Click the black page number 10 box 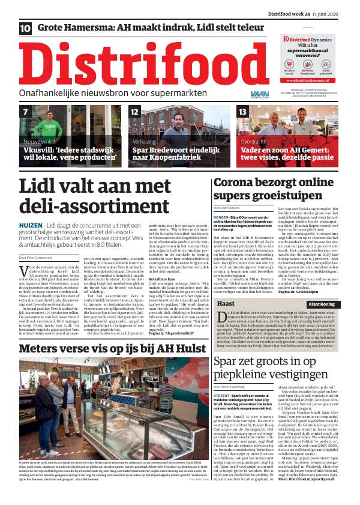(25, 28)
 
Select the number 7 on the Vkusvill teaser (25, 112)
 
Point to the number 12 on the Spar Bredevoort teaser (134, 112)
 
